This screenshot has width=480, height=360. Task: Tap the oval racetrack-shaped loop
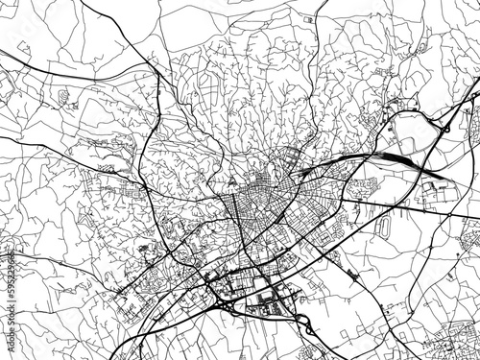[383, 228]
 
